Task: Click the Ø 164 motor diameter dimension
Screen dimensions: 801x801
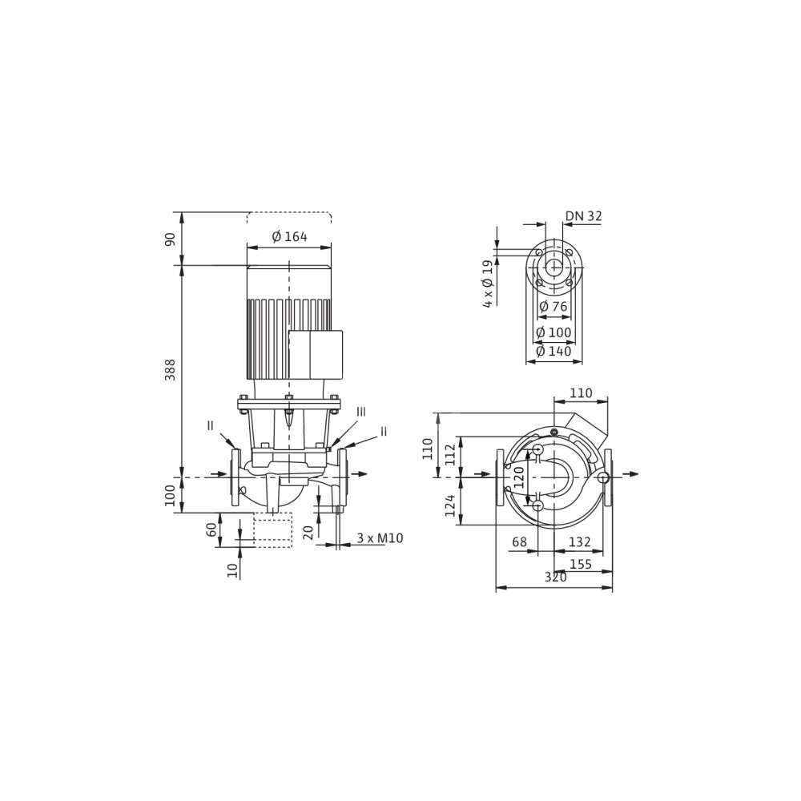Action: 290,236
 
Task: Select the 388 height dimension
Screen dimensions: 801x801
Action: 170,369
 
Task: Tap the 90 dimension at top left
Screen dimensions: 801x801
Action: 170,239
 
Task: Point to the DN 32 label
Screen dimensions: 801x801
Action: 583,216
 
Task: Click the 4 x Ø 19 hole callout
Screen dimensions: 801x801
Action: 489,284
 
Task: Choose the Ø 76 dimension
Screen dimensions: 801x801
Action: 553,307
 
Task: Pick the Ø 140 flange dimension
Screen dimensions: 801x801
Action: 553,351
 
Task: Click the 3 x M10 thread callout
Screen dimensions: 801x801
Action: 380,538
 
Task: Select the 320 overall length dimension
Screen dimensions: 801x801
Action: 555,577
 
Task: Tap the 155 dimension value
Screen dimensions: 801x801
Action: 581,564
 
